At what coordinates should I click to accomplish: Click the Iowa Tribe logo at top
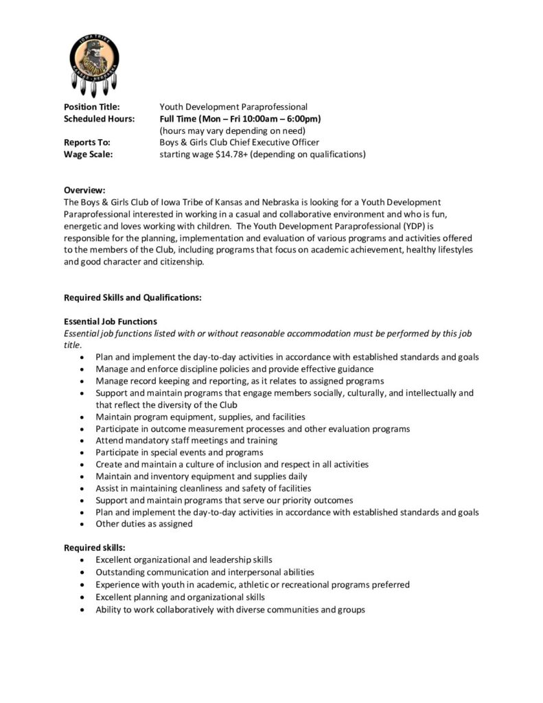click(x=95, y=62)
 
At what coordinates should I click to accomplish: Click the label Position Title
click(x=92, y=107)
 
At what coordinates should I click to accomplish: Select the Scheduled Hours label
click(x=99, y=119)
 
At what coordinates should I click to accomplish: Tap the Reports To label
click(x=86, y=142)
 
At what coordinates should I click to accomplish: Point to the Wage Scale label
click(x=88, y=154)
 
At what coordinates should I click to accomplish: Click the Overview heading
click(x=84, y=189)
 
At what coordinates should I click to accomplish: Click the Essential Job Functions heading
click(x=111, y=321)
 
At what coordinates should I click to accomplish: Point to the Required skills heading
click(x=94, y=547)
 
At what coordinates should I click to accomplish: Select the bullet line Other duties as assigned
click(x=144, y=524)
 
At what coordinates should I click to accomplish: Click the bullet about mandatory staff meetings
click(x=187, y=440)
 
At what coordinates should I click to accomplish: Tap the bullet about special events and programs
click(x=179, y=452)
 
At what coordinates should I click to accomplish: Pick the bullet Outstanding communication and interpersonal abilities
click(x=205, y=572)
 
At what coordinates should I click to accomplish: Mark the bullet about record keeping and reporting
click(x=240, y=380)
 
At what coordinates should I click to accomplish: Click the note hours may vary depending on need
click(x=232, y=130)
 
